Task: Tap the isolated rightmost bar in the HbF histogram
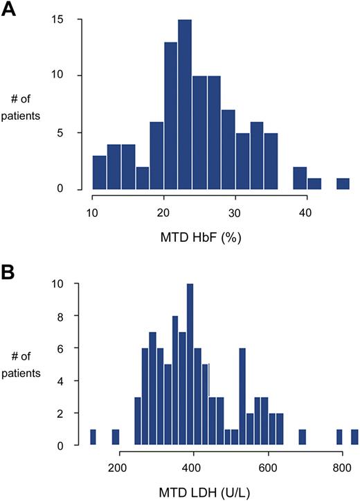coord(343,184)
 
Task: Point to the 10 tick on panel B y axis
coord(78,285)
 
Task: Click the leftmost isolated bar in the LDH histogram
coord(93,437)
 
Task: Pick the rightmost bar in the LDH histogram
coord(354,437)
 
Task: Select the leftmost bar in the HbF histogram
coord(100,173)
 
